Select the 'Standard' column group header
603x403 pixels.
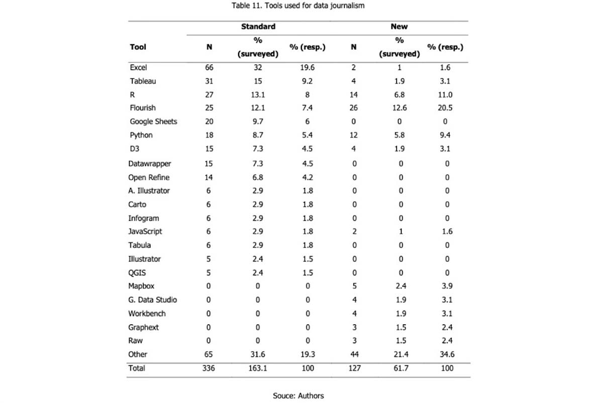click(258, 26)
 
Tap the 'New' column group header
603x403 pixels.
click(399, 26)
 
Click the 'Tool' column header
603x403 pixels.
click(138, 47)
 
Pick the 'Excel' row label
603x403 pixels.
click(138, 67)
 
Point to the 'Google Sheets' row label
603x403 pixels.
click(153, 121)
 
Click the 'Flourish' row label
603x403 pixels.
click(143, 107)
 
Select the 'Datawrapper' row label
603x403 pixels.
click(149, 164)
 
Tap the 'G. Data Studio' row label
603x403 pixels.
click(152, 300)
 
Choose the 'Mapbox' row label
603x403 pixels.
click(141, 286)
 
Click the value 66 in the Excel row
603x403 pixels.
click(209, 67)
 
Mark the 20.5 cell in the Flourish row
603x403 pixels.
click(444, 107)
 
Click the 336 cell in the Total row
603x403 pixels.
click(209, 368)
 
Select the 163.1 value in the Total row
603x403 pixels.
click(258, 368)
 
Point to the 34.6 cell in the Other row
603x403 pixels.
click(444, 354)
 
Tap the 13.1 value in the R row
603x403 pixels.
click(258, 94)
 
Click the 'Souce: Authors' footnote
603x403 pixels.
click(298, 395)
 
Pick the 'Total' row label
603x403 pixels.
click(137, 368)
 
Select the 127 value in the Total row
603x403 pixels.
click(354, 368)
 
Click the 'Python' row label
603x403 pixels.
click(141, 135)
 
